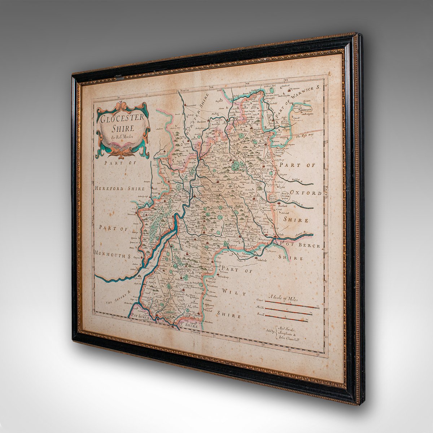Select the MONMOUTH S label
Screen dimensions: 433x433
coord(112,254)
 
